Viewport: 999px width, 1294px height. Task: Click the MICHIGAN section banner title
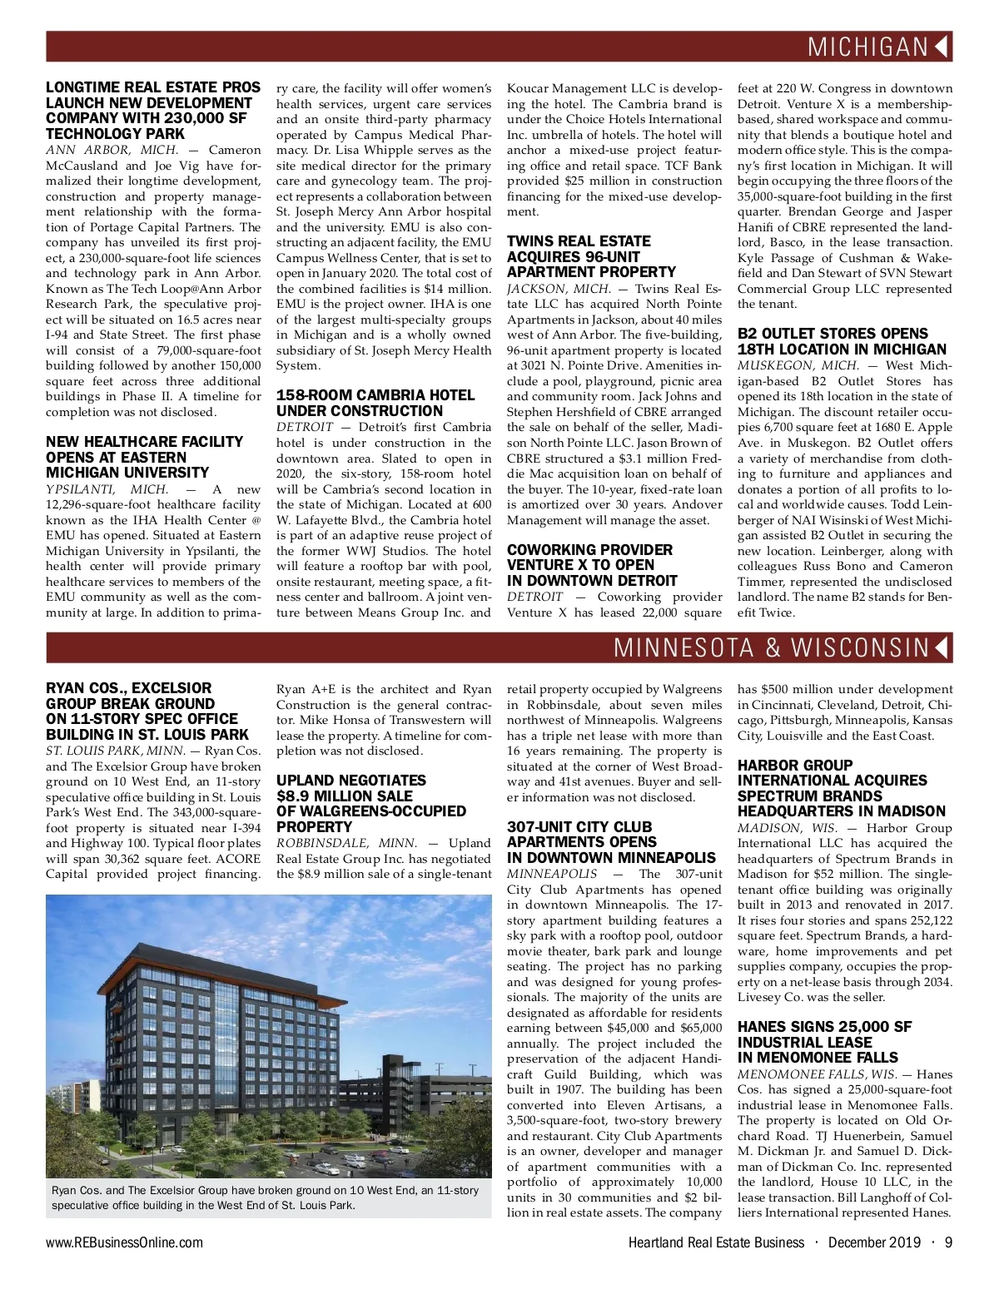[x=867, y=47]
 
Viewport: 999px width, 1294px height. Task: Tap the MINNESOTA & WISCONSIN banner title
[x=772, y=647]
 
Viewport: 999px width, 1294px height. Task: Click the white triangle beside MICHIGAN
[x=942, y=47]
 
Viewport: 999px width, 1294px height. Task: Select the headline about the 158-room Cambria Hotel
[x=375, y=403]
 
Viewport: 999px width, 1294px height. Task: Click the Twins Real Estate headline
[x=591, y=256]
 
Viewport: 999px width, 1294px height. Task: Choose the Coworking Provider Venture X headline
[x=592, y=565]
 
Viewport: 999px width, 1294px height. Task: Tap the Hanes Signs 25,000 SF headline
[x=824, y=1042]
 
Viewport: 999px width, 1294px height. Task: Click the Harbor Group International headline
[x=841, y=788]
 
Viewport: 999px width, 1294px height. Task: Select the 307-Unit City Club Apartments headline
[x=611, y=842]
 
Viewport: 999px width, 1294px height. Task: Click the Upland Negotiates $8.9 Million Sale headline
[x=370, y=803]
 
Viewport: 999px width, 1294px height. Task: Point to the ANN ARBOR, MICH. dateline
[x=112, y=151]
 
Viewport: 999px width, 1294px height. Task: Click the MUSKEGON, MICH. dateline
[x=798, y=365]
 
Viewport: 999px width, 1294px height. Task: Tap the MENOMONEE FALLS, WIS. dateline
[x=817, y=1074]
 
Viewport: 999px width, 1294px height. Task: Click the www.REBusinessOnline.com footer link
[x=124, y=1242]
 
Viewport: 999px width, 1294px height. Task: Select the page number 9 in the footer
[x=948, y=1242]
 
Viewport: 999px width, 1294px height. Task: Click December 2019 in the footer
[x=874, y=1242]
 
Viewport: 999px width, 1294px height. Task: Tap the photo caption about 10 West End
[x=266, y=1197]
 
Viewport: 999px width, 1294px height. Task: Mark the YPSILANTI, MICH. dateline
[x=107, y=489]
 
